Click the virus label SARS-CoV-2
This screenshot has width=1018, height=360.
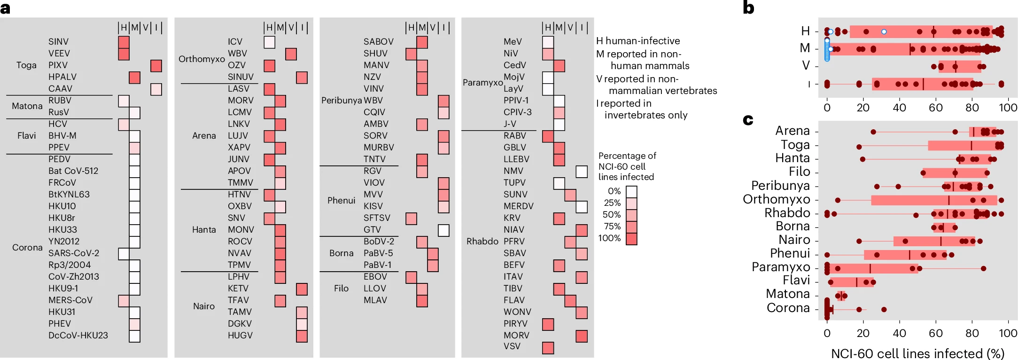(74, 253)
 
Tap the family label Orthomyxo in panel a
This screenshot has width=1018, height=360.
(202, 59)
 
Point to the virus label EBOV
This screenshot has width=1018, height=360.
(375, 277)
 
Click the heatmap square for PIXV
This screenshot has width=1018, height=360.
(156, 66)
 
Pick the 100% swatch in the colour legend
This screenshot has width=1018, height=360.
(631, 239)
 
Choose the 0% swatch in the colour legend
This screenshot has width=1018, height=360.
(631, 192)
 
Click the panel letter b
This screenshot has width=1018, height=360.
(748, 8)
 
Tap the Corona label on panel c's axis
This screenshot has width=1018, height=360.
(788, 308)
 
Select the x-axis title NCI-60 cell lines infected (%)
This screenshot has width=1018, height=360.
(917, 353)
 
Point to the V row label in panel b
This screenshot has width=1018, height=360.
(806, 66)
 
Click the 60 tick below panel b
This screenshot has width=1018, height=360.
(935, 108)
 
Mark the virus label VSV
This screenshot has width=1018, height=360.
(512, 346)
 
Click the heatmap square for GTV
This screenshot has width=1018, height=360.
(443, 230)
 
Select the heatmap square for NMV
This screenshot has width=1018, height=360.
(582, 172)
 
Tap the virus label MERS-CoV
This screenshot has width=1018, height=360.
(70, 300)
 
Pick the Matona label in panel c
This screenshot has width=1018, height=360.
(788, 294)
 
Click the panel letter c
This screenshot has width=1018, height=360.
(748, 120)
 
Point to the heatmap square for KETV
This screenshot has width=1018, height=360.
(302, 289)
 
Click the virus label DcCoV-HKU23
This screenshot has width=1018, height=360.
(78, 336)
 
